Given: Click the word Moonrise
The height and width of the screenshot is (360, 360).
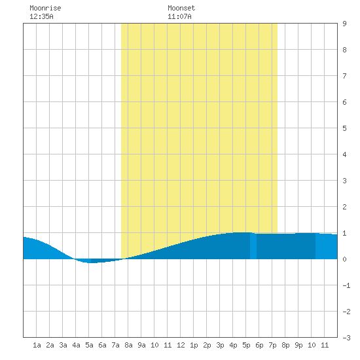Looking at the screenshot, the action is point(45,8).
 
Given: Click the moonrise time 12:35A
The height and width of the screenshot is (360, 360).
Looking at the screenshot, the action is point(41,16).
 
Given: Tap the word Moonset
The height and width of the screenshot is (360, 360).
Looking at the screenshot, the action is point(181,8).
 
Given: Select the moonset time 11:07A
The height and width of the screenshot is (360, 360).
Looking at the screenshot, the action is point(179,16).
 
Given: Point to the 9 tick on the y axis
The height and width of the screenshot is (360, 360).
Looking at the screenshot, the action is point(344,24).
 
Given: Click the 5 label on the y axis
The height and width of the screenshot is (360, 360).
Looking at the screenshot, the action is point(344,128).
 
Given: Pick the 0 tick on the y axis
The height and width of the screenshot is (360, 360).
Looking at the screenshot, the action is point(344,259).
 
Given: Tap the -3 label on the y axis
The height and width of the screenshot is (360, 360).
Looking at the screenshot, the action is point(346,338).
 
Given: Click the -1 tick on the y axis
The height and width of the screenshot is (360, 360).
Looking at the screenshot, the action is point(346,285).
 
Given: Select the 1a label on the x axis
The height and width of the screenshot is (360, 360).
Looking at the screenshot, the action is point(37,345).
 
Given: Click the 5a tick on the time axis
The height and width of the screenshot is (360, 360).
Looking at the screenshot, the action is point(89,345).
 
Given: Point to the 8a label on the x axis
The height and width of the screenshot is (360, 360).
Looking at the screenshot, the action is point(128,345).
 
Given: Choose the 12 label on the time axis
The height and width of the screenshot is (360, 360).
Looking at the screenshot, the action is point(181,345).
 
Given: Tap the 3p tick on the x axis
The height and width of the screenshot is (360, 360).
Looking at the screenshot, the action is point(220,345).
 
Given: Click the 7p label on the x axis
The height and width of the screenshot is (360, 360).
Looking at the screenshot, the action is point(272,345).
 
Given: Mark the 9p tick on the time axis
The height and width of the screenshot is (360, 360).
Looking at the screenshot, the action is point(298,345).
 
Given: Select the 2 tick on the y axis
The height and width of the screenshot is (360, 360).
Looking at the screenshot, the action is point(344,207).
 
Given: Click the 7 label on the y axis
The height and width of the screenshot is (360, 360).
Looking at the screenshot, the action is point(344,76).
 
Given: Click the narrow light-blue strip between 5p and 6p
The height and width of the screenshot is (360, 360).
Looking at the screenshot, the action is point(253,246).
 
